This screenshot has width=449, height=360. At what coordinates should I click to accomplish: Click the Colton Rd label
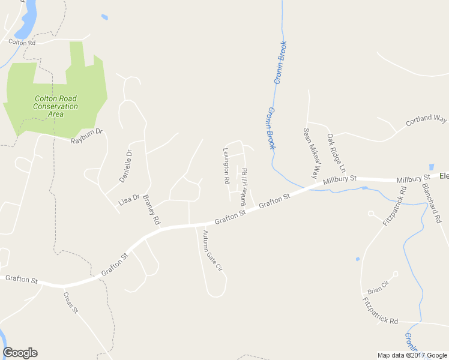pyautogui.click(x=22, y=43)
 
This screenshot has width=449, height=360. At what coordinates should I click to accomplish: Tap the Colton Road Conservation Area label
pyautogui.click(x=56, y=106)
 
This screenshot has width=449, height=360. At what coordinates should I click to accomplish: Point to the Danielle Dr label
pyautogui.click(x=125, y=166)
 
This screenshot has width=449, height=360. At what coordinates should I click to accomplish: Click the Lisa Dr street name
pyautogui.click(x=129, y=200)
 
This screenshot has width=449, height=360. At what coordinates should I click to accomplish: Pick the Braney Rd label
pyautogui.click(x=151, y=212)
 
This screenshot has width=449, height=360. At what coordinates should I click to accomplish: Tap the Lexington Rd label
pyautogui.click(x=226, y=166)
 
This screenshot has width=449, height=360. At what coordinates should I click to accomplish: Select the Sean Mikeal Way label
pyautogui.click(x=310, y=153)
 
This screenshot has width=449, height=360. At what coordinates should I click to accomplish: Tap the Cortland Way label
pyautogui.click(x=426, y=119)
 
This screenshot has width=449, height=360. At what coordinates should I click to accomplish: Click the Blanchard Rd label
pyautogui.click(x=432, y=203)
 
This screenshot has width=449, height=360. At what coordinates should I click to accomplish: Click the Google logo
pyautogui.click(x=20, y=353)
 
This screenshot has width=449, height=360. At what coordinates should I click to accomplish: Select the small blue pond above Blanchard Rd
pyautogui.click(x=431, y=167)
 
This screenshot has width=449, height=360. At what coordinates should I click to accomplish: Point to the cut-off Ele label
pyautogui.click(x=444, y=176)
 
